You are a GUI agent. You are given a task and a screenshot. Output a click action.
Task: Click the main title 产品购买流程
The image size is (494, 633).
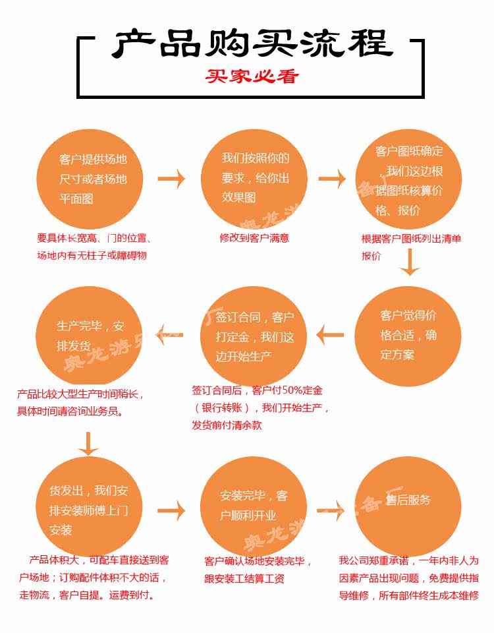(x=251, y=44)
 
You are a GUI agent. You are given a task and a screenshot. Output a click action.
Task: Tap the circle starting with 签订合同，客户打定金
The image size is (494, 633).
(x=254, y=336)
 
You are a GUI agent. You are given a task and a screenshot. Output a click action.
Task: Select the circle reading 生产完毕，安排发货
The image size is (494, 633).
(x=90, y=336)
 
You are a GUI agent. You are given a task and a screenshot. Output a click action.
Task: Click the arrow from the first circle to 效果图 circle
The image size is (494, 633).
(x=172, y=179)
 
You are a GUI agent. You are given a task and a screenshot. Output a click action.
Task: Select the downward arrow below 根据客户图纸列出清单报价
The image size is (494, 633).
(x=410, y=264)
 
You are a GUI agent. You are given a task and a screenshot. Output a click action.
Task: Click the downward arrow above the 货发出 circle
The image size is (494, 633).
(x=88, y=443)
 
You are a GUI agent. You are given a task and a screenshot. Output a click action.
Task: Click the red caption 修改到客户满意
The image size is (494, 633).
(x=254, y=238)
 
